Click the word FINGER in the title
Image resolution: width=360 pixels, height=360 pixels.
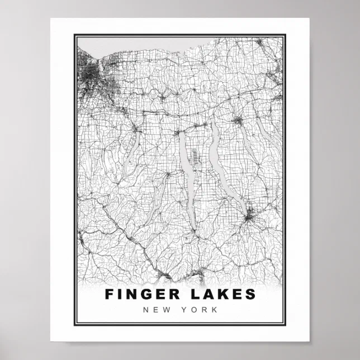pyautogui.click(x=140, y=294)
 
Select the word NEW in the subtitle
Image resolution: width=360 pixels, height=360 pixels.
pyautogui.click(x=154, y=309)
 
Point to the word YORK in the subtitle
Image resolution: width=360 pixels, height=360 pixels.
pyautogui.click(x=200, y=309)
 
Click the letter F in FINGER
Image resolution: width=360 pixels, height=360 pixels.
pyautogui.click(x=109, y=294)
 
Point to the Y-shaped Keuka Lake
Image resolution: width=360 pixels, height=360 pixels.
pyautogui.click(x=158, y=193)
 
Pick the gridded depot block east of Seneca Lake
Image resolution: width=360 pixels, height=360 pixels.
pyautogui.click(x=196, y=154)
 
